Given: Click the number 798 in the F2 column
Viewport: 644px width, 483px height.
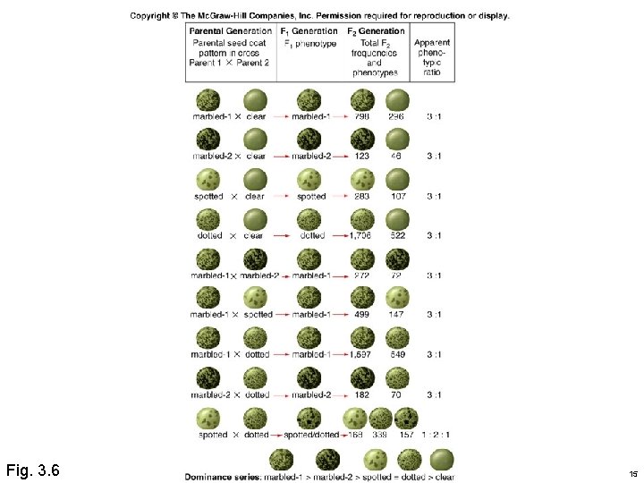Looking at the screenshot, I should (x=362, y=116).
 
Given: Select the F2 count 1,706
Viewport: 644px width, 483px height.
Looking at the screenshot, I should (x=360, y=235).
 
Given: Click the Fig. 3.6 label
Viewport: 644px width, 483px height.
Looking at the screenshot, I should (x=33, y=469).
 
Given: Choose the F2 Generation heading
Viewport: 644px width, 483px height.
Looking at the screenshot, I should (x=376, y=31).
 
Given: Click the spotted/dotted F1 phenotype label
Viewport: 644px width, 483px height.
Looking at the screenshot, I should (x=309, y=435).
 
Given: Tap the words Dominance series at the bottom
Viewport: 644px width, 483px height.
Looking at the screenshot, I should (x=216, y=477).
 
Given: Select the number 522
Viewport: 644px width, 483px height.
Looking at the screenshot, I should (x=397, y=235).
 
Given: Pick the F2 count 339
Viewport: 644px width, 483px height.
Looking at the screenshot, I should (x=380, y=435).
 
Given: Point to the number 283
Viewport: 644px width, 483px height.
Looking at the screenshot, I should (x=362, y=196).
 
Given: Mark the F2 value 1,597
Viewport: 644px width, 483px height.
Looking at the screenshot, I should (x=360, y=355).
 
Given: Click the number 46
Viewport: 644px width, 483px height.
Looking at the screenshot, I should (x=397, y=156).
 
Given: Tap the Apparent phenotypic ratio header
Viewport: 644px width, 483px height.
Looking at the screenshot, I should (x=433, y=56).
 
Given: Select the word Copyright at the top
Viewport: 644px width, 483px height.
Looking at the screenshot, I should (x=150, y=15).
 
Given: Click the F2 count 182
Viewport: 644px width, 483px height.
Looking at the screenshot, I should (x=362, y=394).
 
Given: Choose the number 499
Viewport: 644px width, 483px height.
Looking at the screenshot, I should (x=362, y=315).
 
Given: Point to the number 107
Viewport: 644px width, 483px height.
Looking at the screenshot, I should (x=397, y=196).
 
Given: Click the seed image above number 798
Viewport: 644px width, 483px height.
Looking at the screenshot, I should (x=362, y=99).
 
